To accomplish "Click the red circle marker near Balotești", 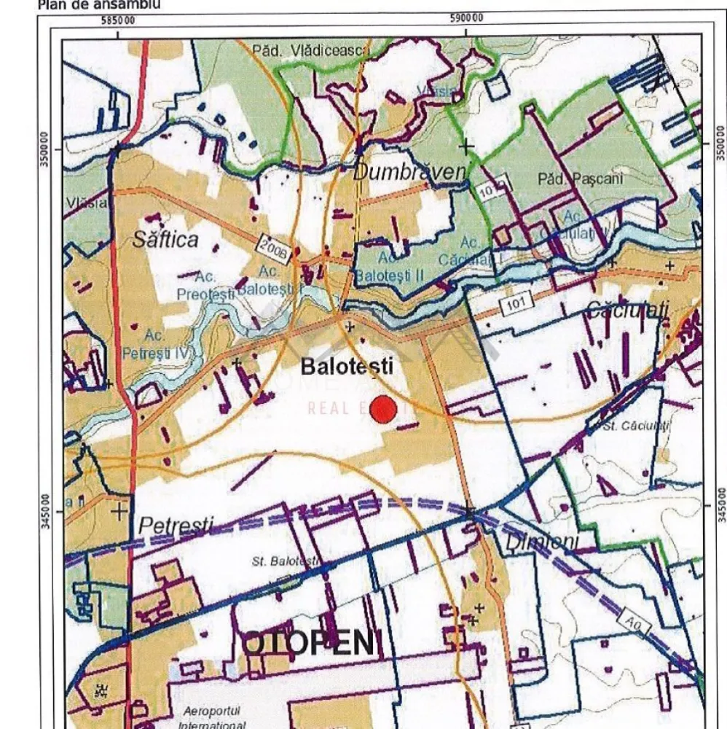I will coord(383,410).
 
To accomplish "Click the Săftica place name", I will coord(165,239).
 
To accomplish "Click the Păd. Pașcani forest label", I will coord(573,179).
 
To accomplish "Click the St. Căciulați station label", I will coord(631,426).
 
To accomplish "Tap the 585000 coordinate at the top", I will coord(119,20).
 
